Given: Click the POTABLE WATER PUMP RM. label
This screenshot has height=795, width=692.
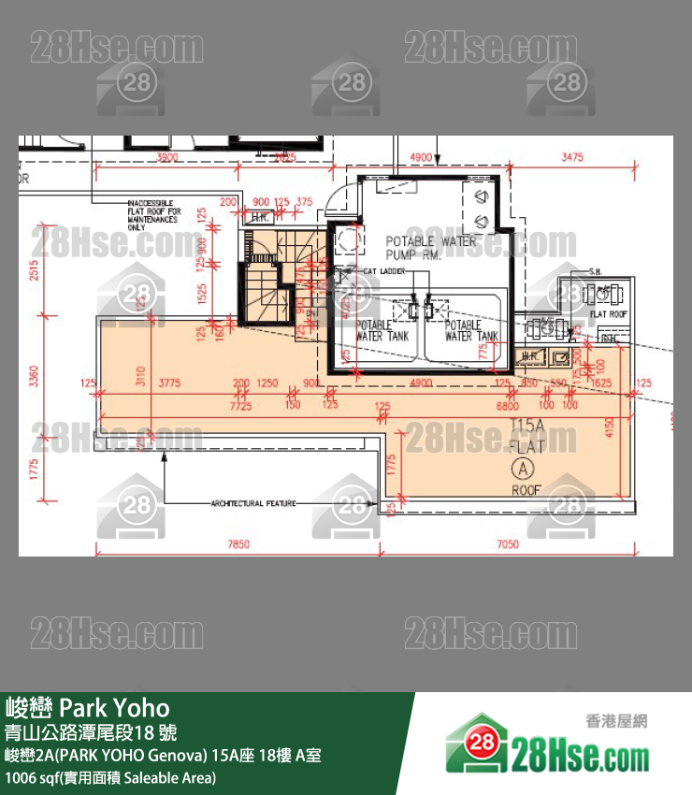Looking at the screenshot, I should (x=431, y=247).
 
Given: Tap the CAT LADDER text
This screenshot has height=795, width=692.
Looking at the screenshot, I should (x=383, y=270).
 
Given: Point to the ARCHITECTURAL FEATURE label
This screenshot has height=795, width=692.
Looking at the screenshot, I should (x=252, y=503).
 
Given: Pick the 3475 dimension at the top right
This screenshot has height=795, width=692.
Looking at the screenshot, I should (x=571, y=157).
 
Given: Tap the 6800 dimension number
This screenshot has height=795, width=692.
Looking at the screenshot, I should (x=508, y=407).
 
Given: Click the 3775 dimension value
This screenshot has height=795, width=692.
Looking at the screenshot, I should (x=169, y=383).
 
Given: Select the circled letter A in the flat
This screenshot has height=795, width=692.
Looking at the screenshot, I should (x=520, y=467).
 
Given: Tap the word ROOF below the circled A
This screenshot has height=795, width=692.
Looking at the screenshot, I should (x=526, y=489).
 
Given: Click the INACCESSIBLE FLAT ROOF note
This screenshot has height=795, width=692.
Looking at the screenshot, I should (x=154, y=214).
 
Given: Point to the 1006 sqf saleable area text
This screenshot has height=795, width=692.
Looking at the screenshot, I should (x=110, y=777).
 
